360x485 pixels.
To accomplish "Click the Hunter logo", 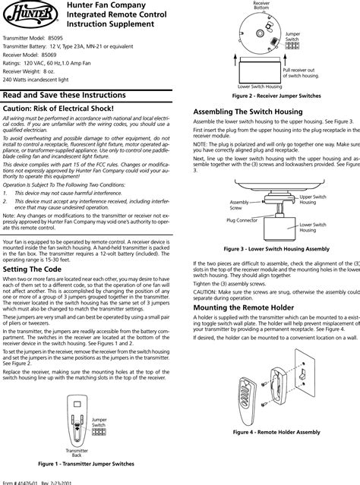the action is click(19, 16).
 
